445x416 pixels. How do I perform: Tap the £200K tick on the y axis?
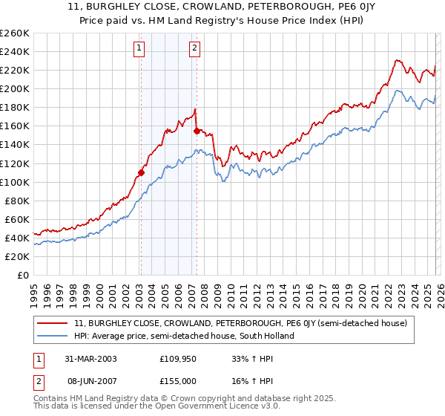15,88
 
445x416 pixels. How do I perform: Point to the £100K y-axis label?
15,182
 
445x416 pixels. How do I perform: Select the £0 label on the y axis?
22,275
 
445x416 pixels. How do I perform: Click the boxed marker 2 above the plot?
195,49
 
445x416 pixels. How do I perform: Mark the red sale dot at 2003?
141,172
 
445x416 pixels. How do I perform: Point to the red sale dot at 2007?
197,130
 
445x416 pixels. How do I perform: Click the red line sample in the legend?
53,324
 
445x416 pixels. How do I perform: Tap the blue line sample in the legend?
53,336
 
